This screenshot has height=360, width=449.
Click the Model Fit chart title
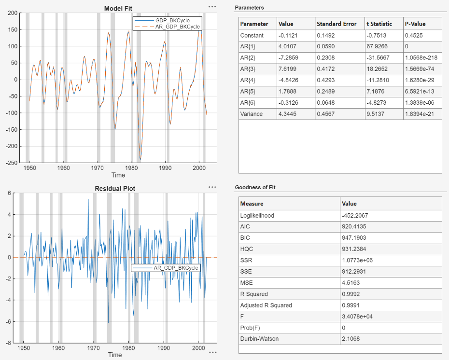[x=118, y=8]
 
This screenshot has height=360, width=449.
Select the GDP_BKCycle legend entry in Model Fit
[x=172, y=20]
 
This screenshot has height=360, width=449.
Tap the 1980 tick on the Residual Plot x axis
[x=128, y=347]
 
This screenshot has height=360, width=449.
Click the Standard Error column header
[x=337, y=24]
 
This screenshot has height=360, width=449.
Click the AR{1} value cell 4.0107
[x=289, y=47]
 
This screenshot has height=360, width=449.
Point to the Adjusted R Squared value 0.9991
[x=351, y=305]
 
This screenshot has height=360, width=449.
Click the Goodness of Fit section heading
[x=255, y=187]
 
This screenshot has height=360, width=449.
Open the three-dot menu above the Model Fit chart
[x=212, y=7]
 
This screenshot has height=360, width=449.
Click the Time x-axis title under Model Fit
[x=118, y=175]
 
